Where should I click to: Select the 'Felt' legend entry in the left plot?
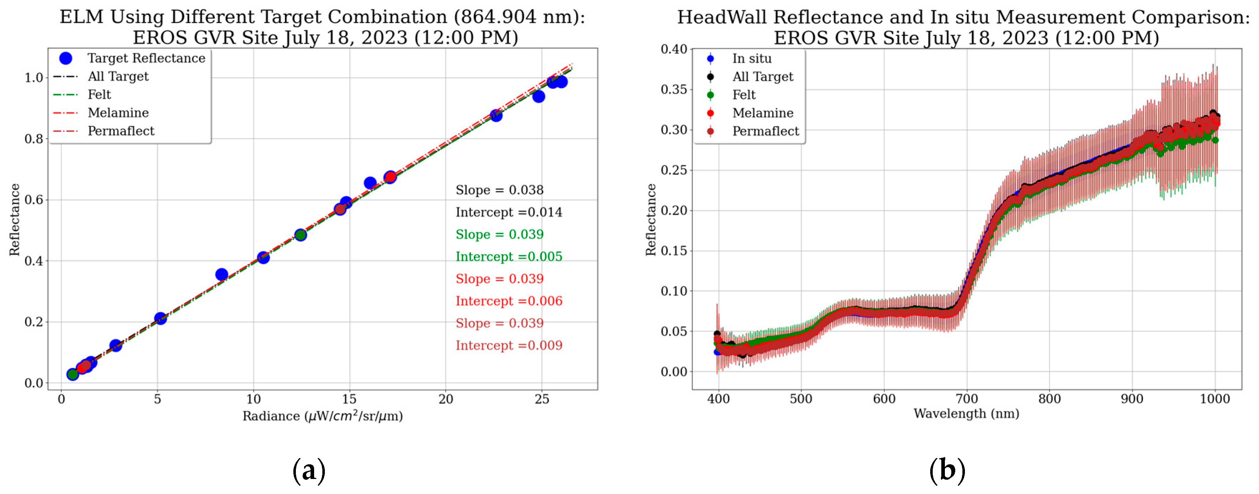(x=99, y=95)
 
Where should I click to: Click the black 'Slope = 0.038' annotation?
(x=499, y=190)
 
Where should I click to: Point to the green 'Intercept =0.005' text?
(x=508, y=256)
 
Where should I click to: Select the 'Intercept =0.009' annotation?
(x=508, y=345)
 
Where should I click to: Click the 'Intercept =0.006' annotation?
(x=508, y=301)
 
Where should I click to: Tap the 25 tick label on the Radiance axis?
(x=542, y=399)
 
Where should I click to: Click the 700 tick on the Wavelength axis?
(x=966, y=399)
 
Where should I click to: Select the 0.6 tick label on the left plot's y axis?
(x=34, y=199)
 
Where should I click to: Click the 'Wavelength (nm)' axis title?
(x=966, y=414)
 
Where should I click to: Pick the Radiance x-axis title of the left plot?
(x=323, y=416)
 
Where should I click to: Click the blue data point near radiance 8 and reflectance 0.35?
(x=221, y=275)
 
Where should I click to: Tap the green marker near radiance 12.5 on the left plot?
(x=301, y=235)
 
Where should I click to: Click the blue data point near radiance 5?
(x=160, y=318)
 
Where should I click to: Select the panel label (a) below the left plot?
(x=309, y=471)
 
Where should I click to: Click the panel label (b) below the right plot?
(x=947, y=471)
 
